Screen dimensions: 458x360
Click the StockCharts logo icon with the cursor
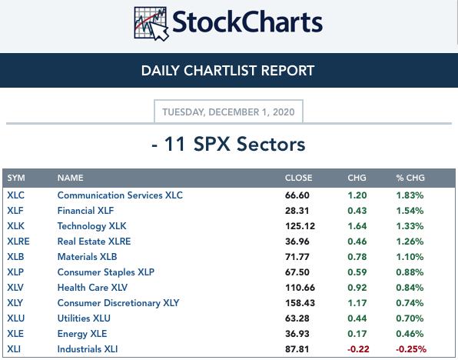(151, 24)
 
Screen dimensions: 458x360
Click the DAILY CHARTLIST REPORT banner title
(227, 71)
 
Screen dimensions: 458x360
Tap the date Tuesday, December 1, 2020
(228, 112)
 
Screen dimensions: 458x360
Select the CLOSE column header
(298, 178)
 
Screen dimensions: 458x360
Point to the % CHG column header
(410, 178)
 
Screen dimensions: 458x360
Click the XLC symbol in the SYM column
(16, 195)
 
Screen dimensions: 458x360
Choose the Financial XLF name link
(85, 211)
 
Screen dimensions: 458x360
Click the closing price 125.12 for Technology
(300, 226)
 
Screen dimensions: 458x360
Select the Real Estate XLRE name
(94, 242)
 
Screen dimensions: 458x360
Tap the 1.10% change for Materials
(410, 257)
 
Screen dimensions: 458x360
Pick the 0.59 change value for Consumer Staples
(357, 272)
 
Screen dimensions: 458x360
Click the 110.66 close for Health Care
(300, 288)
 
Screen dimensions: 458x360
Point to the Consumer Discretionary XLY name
(118, 303)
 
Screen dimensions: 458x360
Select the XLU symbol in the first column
(16, 318)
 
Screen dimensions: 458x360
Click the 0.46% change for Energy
(410, 334)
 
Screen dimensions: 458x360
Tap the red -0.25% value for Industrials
(411, 349)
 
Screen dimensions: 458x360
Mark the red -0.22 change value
(358, 349)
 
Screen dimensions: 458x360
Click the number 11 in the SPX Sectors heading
(174, 144)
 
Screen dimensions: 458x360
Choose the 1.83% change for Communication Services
(410, 195)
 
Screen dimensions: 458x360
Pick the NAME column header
(71, 178)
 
